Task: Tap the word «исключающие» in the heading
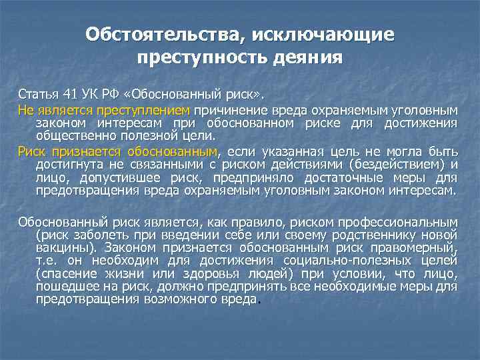[x=319, y=33]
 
